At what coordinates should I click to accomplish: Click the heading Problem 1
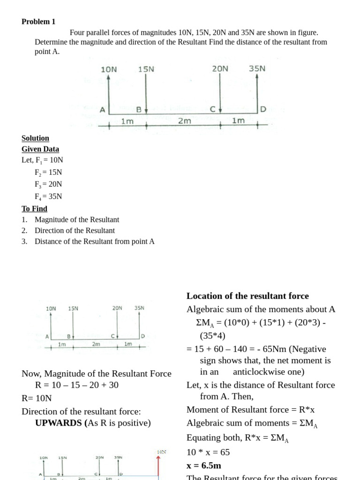(38, 22)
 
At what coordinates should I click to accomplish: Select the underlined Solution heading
(35, 138)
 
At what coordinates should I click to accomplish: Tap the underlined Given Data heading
(40, 149)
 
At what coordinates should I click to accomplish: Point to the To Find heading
(34, 209)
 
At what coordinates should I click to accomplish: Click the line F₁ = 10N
(42, 160)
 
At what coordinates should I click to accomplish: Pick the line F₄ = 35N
(48, 196)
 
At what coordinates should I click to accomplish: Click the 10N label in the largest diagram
(109, 69)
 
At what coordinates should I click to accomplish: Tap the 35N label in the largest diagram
(257, 68)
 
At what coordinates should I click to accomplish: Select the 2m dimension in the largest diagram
(185, 121)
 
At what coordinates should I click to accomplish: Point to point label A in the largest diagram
(103, 110)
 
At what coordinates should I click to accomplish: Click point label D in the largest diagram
(263, 109)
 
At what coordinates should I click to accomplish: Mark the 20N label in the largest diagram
(220, 68)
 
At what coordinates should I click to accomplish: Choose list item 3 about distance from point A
(94, 241)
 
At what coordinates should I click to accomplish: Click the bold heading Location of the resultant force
(247, 296)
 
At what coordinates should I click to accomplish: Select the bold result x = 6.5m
(204, 465)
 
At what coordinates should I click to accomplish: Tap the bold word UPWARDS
(59, 423)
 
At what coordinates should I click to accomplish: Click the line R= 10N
(37, 398)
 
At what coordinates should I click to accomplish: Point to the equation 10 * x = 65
(208, 452)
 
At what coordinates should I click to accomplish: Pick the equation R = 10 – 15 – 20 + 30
(76, 385)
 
